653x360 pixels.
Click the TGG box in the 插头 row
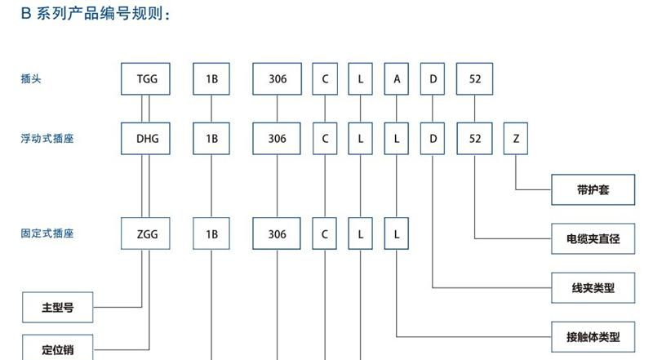tap(148, 79)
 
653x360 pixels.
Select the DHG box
tap(148, 139)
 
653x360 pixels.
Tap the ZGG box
tap(148, 234)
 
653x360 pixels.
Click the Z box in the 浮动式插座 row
tap(516, 139)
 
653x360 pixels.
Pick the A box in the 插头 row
tap(397, 79)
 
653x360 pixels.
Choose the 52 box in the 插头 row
tap(475, 79)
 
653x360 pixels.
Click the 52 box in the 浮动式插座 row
tap(475, 139)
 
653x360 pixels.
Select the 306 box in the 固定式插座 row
tap(278, 234)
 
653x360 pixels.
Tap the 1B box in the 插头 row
tap(211, 79)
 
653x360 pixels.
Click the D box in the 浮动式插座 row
tap(433, 139)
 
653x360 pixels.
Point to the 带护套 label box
tap(593, 191)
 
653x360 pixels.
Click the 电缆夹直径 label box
tap(593, 239)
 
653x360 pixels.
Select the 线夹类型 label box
tap(593, 287)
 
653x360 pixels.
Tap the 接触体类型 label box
tap(593, 336)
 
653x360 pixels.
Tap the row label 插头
tap(32, 79)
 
